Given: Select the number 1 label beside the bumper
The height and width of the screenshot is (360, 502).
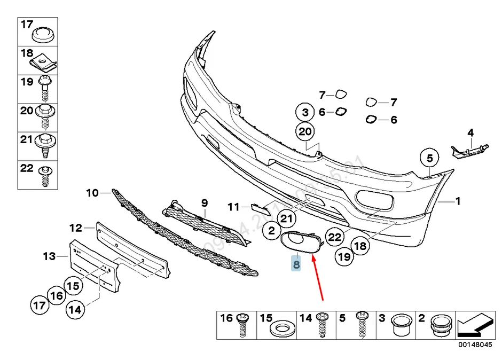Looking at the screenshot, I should tap(457, 201).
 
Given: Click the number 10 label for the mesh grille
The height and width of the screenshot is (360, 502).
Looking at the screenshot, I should tap(92, 193).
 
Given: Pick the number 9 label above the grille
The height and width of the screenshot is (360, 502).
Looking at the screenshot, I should tap(203, 202).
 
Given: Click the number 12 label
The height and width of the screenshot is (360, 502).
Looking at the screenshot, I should tap(75, 228).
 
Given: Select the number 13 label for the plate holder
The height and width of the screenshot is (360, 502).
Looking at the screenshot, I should tap(49, 257).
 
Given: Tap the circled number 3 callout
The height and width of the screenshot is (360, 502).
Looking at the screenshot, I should tap(305, 113).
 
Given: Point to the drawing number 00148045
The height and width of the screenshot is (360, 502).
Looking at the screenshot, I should tap(474, 345).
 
